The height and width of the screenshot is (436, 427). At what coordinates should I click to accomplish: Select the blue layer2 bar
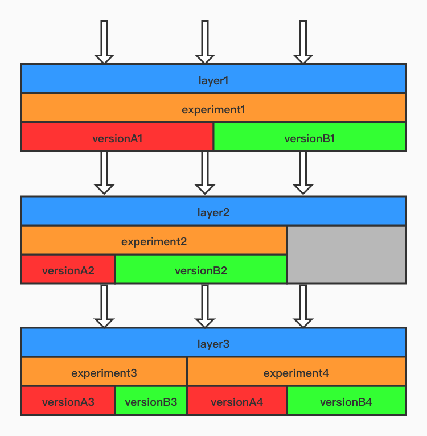(213, 211)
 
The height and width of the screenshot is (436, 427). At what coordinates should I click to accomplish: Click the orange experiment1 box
(213, 108)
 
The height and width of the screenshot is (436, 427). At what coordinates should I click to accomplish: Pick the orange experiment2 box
(154, 240)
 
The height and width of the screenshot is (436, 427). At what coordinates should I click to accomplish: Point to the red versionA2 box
(68, 269)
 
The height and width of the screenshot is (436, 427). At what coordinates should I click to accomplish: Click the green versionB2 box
(200, 269)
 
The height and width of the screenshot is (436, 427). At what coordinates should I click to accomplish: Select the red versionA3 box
(68, 401)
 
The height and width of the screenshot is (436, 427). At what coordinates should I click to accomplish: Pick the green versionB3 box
(151, 401)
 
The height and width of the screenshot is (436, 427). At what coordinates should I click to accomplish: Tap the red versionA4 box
(237, 401)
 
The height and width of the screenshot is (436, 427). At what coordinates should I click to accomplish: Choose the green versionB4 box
(346, 401)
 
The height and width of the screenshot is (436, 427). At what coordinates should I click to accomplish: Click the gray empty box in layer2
(346, 254)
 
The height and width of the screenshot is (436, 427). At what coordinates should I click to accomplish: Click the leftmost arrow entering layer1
(104, 43)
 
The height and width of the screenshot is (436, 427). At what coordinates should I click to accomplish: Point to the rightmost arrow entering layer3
(303, 306)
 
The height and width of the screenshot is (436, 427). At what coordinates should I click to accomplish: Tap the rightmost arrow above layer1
(303, 43)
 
